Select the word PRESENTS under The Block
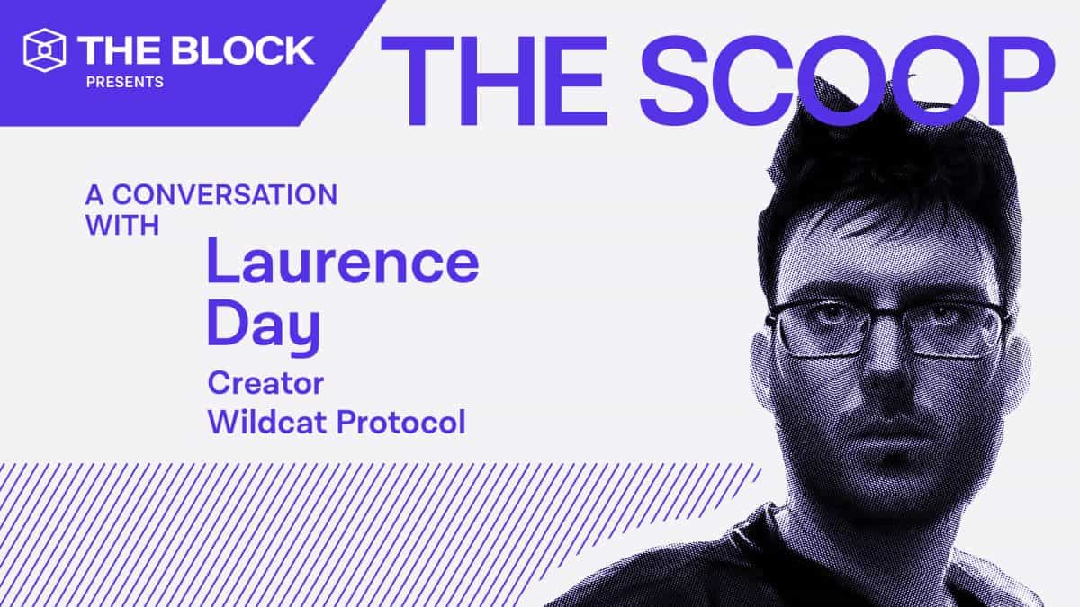click(x=124, y=83)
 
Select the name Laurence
click(x=343, y=262)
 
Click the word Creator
click(x=265, y=383)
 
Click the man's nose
click(x=886, y=378)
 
